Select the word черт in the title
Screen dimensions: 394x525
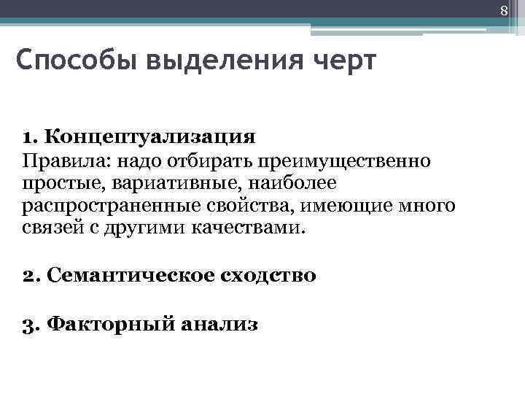point(343,61)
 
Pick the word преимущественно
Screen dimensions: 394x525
point(357,160)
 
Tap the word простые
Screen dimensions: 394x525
point(57,182)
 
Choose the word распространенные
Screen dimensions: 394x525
point(98,206)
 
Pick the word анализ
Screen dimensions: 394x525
point(220,323)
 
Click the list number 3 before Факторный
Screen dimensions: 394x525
point(30,323)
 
